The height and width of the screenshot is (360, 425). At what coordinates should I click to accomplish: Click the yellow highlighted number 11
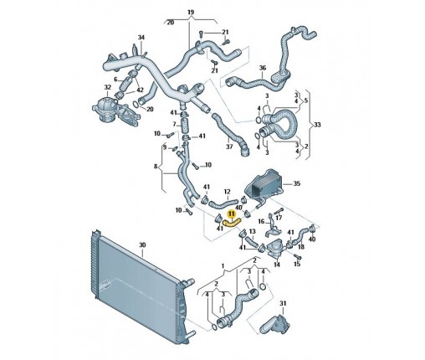(x=232, y=214)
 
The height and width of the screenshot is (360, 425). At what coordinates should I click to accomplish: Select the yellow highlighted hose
(x=232, y=223)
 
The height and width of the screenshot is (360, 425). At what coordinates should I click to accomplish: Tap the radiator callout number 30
(x=142, y=245)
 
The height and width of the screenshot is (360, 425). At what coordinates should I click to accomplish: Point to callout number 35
(x=296, y=183)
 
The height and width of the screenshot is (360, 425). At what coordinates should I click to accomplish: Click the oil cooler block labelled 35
(x=264, y=186)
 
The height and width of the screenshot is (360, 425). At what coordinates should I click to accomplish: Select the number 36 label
(x=263, y=68)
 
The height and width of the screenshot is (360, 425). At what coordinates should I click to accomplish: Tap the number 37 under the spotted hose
(x=229, y=147)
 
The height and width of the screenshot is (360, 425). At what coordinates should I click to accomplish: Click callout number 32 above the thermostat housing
(x=108, y=88)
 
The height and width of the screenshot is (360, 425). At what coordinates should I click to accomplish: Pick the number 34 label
(x=141, y=38)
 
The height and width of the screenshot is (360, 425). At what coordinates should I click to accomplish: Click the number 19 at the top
(x=191, y=13)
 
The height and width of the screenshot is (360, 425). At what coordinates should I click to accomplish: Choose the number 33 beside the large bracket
(x=317, y=125)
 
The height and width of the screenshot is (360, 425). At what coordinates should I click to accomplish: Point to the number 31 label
(x=283, y=303)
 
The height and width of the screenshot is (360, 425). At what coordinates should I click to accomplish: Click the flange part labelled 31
(x=275, y=324)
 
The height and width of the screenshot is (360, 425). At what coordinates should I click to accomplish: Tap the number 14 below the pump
(x=277, y=265)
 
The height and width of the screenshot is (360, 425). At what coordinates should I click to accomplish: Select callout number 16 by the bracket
(x=262, y=222)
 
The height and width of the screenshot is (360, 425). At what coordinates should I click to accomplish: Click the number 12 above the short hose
(x=228, y=192)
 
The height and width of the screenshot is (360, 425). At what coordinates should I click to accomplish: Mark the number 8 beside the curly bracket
(x=156, y=167)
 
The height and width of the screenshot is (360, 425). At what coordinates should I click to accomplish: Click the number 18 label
(x=301, y=247)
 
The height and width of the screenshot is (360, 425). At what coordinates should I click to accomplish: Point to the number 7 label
(x=174, y=124)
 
